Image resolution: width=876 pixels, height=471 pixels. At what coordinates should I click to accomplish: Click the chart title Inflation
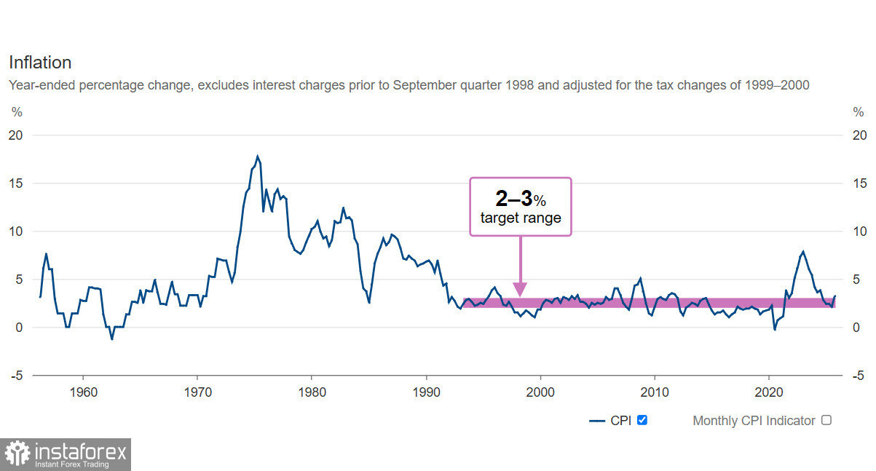point(40,63)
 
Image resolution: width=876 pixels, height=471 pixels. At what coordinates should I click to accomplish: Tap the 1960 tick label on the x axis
point(83,391)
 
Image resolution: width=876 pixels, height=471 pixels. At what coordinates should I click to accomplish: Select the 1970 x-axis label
point(197,391)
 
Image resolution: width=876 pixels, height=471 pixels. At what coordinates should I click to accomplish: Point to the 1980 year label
point(312,391)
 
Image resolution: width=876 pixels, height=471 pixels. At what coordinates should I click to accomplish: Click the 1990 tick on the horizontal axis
point(426,391)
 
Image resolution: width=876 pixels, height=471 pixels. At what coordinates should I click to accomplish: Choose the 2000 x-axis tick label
point(540,391)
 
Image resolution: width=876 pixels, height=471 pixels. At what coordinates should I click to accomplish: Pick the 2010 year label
point(655,391)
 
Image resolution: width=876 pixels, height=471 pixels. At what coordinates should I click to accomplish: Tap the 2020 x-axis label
point(769,391)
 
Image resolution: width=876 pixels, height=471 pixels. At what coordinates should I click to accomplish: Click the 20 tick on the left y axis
point(16,135)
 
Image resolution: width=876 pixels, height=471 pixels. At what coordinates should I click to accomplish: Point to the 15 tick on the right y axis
point(859,183)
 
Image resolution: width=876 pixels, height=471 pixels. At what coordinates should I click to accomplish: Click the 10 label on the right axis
point(859,231)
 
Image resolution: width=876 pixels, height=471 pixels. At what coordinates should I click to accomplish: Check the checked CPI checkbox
point(642,420)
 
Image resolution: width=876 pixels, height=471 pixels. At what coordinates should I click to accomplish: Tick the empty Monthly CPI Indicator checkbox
point(826,420)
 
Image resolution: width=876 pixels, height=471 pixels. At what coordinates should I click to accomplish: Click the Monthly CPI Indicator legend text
point(754,421)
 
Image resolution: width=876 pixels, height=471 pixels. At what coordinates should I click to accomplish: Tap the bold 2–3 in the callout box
point(513,198)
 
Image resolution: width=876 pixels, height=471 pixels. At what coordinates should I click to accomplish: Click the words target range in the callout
point(521,218)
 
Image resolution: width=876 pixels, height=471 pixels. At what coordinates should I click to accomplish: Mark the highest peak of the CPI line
point(257,156)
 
